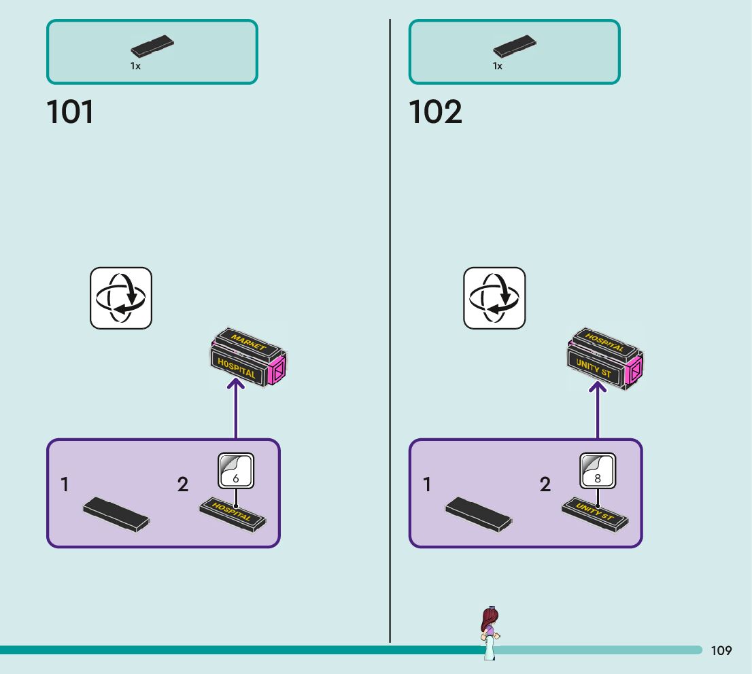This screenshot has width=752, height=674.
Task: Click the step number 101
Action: pyautogui.click(x=70, y=112)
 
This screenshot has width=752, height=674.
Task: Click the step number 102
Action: pyautogui.click(x=435, y=112)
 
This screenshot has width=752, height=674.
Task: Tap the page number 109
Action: pyautogui.click(x=721, y=651)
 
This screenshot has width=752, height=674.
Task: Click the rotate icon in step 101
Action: pyautogui.click(x=121, y=298)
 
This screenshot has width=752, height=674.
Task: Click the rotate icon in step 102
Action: pyautogui.click(x=494, y=298)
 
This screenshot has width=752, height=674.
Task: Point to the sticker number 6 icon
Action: pyautogui.click(x=235, y=470)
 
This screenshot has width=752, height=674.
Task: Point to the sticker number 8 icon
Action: pyautogui.click(x=598, y=470)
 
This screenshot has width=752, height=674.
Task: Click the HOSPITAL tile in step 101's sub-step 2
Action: pyautogui.click(x=232, y=513)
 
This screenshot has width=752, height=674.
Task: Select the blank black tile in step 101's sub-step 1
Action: pyautogui.click(x=116, y=513)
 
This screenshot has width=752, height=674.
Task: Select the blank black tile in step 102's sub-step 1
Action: pyautogui.click(x=479, y=513)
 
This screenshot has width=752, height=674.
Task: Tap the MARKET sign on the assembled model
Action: pyautogui.click(x=249, y=342)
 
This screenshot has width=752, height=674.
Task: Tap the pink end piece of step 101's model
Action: pyautogui.click(x=278, y=370)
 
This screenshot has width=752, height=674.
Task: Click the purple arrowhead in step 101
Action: pyautogui.click(x=235, y=386)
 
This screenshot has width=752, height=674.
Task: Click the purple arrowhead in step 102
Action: pyautogui.click(x=598, y=387)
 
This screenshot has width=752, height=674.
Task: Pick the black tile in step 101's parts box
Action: pyautogui.click(x=152, y=48)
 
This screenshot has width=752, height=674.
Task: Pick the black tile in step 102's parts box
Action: pyautogui.click(x=515, y=48)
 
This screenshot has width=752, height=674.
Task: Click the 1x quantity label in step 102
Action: pyautogui.click(x=498, y=67)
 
